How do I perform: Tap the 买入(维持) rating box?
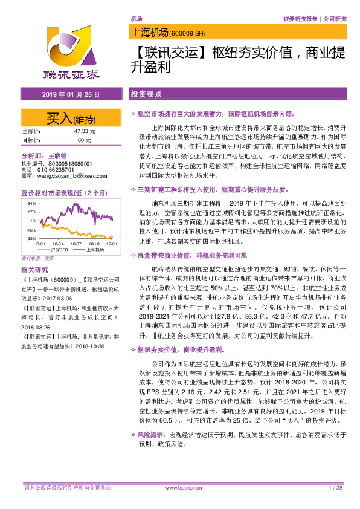(x=70, y=117)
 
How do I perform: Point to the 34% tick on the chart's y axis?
(x=31, y=204)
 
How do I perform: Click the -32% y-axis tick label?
(x=30, y=239)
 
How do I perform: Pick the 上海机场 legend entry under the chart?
(x=94, y=249)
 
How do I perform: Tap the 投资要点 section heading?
(x=146, y=95)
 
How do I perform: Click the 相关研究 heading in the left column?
(x=34, y=269)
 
